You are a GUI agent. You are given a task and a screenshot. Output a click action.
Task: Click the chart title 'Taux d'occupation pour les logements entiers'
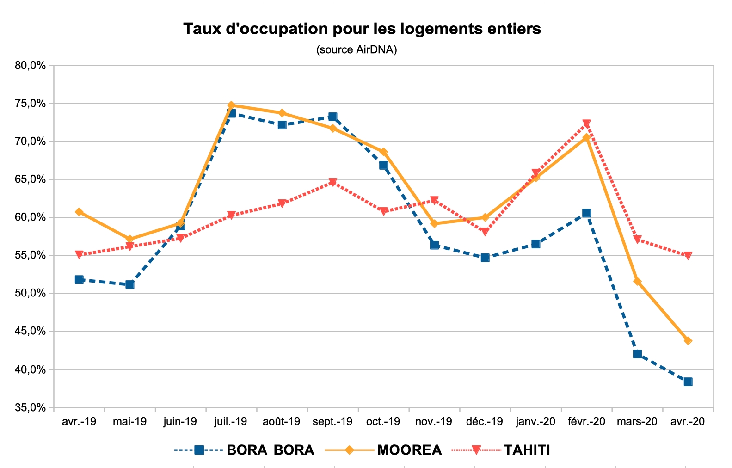tap(362, 29)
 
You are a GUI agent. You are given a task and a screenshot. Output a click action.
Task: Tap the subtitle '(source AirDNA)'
tap(357, 49)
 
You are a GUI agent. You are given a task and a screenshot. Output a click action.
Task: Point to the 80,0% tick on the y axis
tap(30, 65)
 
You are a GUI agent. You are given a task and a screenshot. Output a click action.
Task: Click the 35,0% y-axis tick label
tap(30, 408)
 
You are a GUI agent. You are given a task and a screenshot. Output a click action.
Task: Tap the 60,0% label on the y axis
tap(30, 217)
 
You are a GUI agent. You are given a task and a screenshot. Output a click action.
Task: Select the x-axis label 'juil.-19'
tap(231, 421)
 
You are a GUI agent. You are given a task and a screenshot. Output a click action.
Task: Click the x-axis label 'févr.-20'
tap(586, 421)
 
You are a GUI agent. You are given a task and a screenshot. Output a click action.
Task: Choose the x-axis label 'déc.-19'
tap(484, 421)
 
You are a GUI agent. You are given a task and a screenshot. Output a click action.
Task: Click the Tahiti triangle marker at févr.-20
tap(586, 124)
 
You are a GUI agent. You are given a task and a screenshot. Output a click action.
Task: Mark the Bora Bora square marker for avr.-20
tap(688, 382)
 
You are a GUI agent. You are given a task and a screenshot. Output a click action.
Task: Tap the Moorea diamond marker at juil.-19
tap(231, 105)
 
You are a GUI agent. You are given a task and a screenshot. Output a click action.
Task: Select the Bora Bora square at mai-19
tap(130, 284)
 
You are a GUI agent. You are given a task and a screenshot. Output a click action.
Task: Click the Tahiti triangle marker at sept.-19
tap(332, 182)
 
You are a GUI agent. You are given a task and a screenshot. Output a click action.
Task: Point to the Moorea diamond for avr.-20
tap(688, 341)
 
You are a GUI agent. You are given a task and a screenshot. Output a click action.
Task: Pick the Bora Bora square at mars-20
tap(637, 354)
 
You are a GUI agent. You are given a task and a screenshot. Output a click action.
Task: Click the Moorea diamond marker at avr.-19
tap(79, 212)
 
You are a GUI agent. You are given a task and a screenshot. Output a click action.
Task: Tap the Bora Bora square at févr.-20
tap(586, 213)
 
